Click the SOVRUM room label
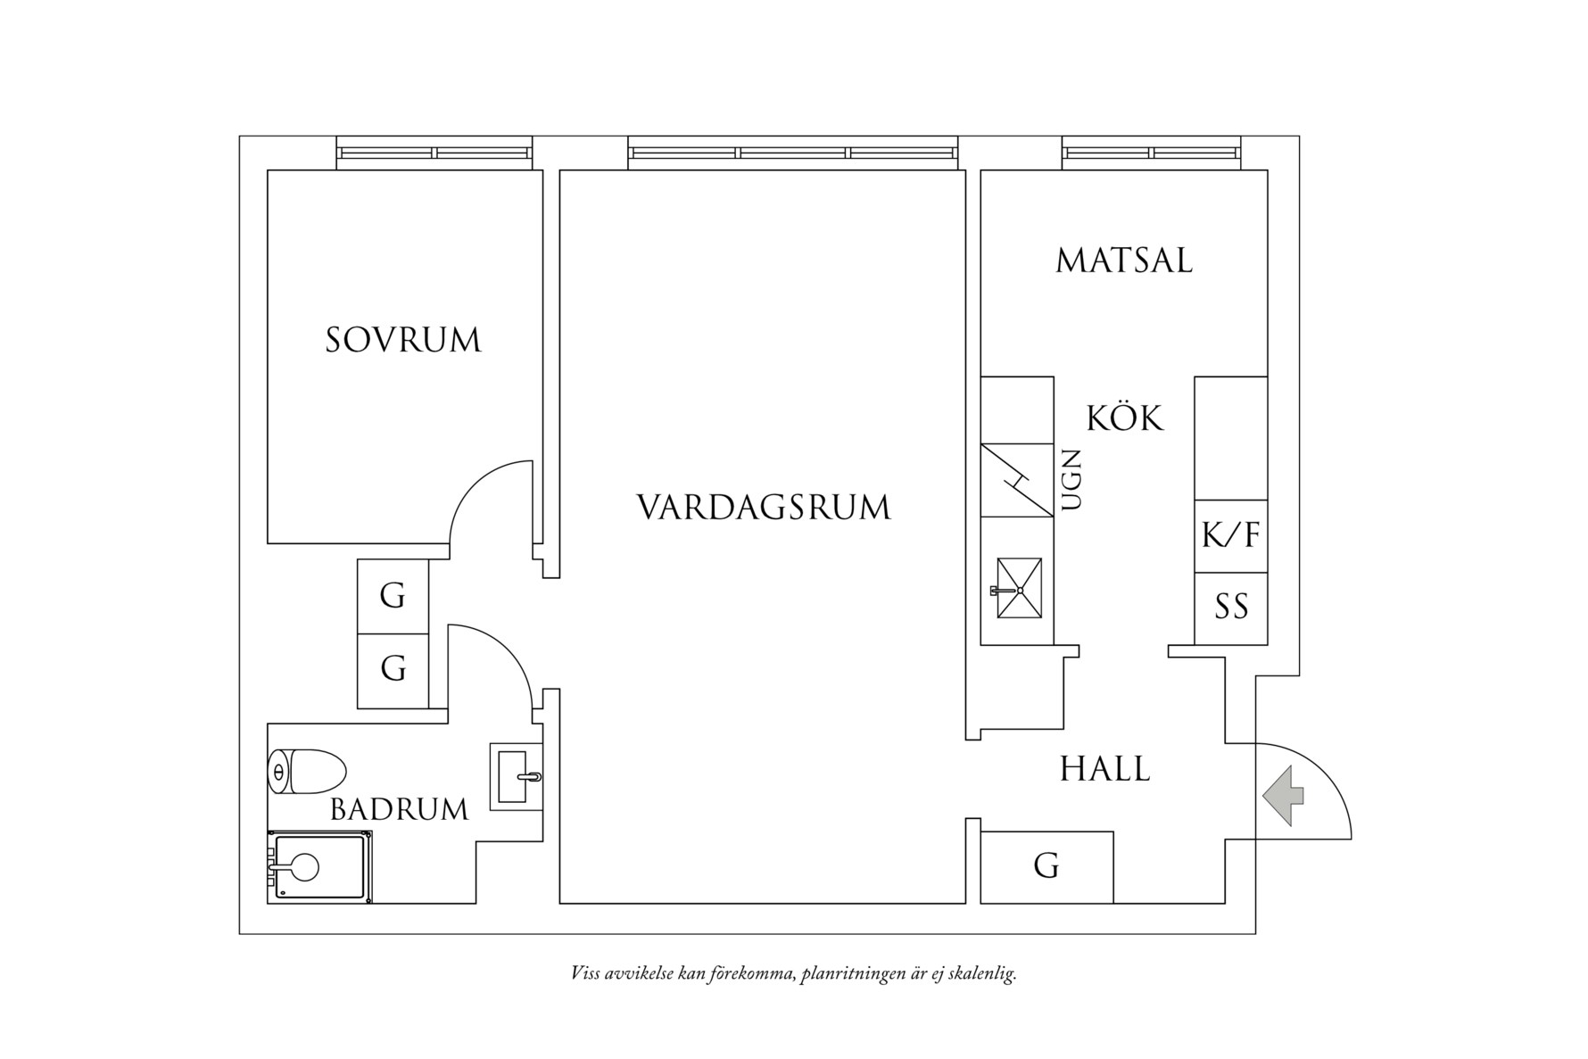[403, 341]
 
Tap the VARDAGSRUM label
[764, 508]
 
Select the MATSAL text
[1124, 261]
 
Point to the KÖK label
[1125, 418]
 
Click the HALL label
[1105, 769]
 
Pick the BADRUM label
[399, 810]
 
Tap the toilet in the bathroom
[307, 772]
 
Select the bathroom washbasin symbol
[516, 777]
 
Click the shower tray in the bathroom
[319, 867]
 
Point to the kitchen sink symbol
[1019, 588]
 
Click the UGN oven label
[1072, 480]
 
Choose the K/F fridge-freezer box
[1231, 536]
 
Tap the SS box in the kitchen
[1231, 608]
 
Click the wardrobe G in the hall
[1046, 866]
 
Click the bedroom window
[434, 153]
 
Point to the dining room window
[1151, 153]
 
